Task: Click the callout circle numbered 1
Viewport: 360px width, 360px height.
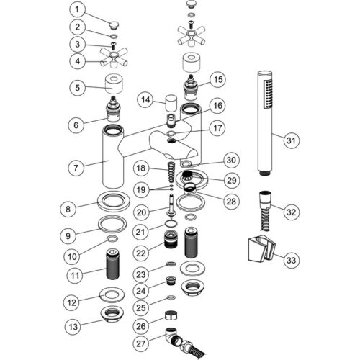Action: (77, 10)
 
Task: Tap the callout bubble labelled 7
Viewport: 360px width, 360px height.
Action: (76, 168)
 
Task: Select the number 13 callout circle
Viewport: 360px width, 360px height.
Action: (73, 326)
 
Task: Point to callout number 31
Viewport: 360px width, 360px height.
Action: (291, 140)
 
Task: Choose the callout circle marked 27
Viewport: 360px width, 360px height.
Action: (141, 343)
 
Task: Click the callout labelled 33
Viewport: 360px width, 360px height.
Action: (291, 260)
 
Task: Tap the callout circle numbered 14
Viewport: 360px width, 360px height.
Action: (145, 99)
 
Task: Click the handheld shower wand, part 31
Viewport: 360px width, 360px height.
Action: (265, 123)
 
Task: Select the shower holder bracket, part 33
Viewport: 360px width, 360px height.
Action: (261, 249)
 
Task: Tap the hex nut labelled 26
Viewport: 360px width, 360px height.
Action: (171, 315)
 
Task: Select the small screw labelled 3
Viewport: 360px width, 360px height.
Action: (112, 45)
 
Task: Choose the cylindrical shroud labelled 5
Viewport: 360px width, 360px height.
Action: (114, 84)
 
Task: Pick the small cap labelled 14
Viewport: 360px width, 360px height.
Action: (171, 102)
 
